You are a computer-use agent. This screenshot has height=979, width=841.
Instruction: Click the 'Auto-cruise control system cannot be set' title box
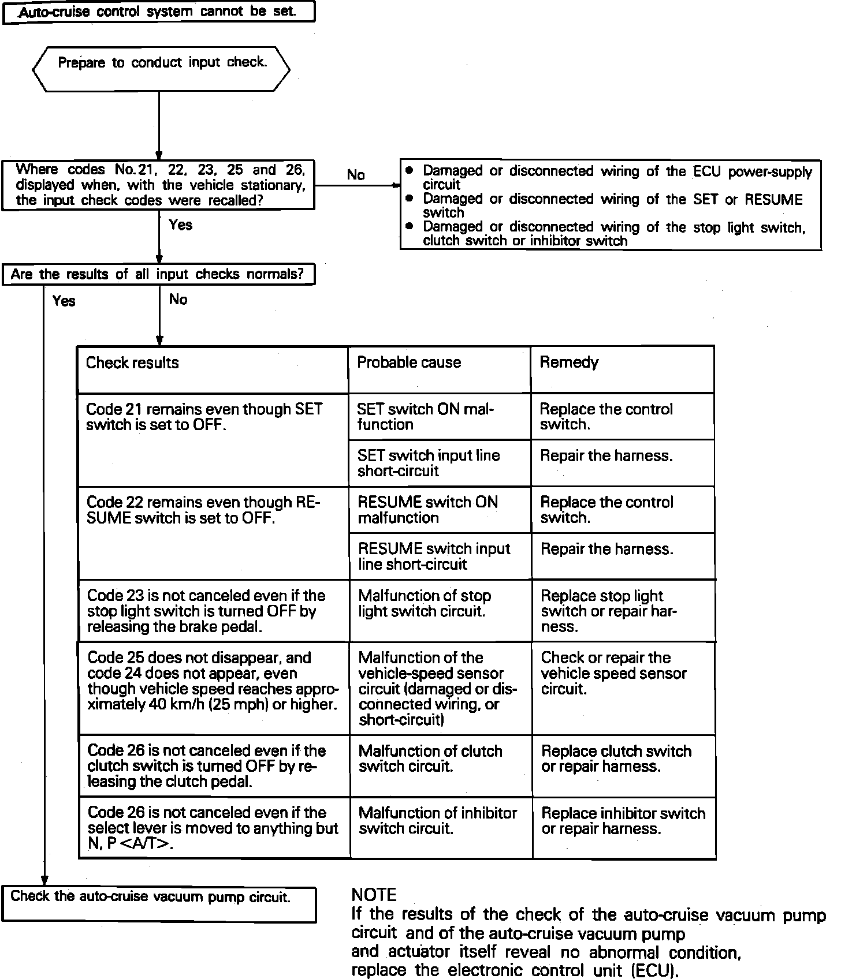click(x=159, y=12)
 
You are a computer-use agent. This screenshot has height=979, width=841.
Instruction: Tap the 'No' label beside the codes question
click(x=356, y=174)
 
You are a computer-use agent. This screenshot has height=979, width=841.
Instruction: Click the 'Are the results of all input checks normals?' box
click(x=158, y=274)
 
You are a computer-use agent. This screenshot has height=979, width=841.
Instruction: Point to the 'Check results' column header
click(x=132, y=363)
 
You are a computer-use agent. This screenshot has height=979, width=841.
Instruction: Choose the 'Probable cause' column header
click(x=409, y=363)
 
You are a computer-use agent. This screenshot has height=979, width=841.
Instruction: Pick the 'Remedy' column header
click(x=569, y=363)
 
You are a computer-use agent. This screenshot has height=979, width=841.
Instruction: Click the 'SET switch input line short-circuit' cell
click(x=429, y=463)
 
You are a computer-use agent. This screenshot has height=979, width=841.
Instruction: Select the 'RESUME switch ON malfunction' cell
click(x=427, y=510)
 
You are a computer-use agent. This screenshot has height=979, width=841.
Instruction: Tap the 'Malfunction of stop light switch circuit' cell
click(x=425, y=604)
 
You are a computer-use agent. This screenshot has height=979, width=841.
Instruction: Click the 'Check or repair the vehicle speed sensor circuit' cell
click(x=613, y=673)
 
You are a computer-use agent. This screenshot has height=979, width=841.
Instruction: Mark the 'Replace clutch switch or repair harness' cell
click(x=616, y=759)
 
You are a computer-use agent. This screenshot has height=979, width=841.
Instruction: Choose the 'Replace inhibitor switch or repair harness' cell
click(x=623, y=821)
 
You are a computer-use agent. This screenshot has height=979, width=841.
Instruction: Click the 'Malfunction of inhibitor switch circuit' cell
click(x=437, y=821)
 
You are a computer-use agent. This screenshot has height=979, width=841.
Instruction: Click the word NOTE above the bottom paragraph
click(x=374, y=895)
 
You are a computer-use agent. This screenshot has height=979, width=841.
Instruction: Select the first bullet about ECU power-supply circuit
click(x=612, y=177)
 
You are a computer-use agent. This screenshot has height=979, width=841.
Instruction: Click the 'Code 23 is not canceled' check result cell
click(x=206, y=611)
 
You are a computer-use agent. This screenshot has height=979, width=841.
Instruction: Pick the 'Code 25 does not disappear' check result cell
click(x=212, y=681)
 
